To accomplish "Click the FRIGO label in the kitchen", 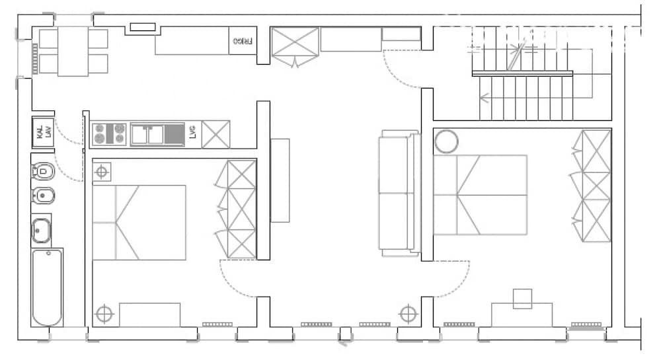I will pyautogui.click(x=243, y=41).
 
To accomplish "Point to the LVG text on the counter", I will pyautogui.click(x=192, y=133).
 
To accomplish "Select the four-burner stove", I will pyautogui.click(x=109, y=133).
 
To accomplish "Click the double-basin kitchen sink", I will pyautogui.click(x=147, y=134).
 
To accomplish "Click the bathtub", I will pyautogui.click(x=47, y=287).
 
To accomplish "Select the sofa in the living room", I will pyautogui.click(x=399, y=193).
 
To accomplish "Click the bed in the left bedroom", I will pyautogui.click(x=139, y=222).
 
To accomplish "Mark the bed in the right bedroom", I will pyautogui.click(x=481, y=195).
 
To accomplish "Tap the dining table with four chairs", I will pyautogui.click(x=73, y=52).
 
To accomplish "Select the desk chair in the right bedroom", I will pyautogui.click(x=523, y=299).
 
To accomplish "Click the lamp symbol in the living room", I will pyautogui.click(x=408, y=312).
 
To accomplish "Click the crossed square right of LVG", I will pyautogui.click(x=215, y=134).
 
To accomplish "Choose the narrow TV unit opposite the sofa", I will pyautogui.click(x=280, y=180).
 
